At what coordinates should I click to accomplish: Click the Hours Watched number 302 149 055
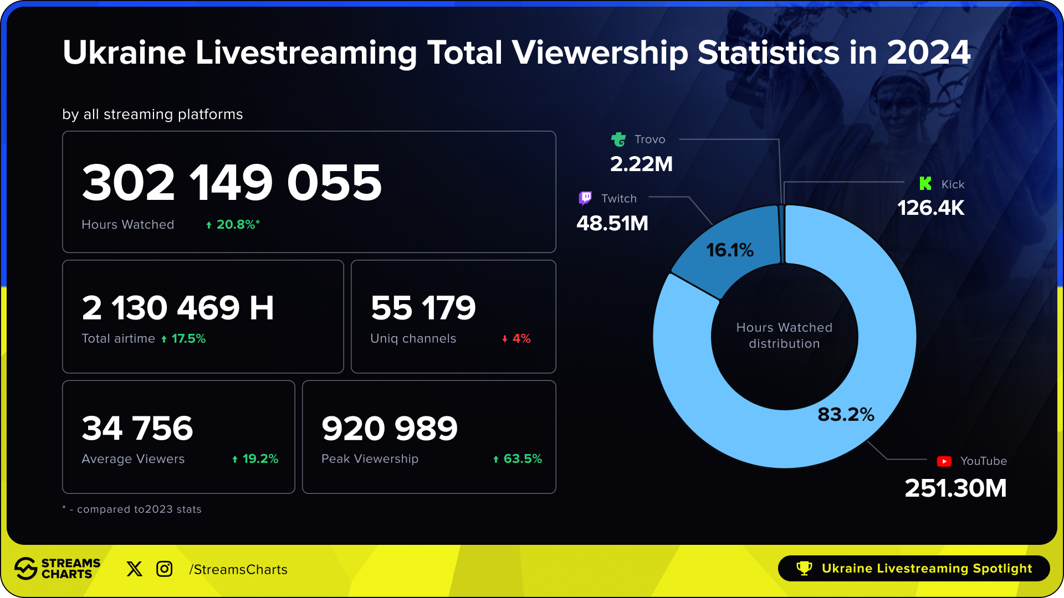point(232,183)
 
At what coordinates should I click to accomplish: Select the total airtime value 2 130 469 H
point(178,308)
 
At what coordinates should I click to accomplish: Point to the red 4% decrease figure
point(520,339)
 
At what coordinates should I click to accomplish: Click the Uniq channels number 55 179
point(423,308)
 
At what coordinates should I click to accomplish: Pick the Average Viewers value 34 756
point(137,428)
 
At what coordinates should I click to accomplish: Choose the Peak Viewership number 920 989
point(390,428)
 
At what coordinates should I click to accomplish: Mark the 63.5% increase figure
point(521,459)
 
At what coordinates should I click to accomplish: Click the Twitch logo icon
point(585,198)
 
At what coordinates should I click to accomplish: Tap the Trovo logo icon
point(618,139)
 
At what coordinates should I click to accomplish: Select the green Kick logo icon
point(925,183)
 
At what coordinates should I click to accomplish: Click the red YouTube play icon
point(944,461)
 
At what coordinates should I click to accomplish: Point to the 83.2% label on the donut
point(846,415)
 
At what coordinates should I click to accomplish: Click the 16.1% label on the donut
point(730,250)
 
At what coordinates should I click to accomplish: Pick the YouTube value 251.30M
point(955,488)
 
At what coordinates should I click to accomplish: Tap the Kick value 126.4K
point(931,208)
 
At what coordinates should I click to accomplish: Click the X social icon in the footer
point(134,569)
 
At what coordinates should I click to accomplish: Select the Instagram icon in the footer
point(165,569)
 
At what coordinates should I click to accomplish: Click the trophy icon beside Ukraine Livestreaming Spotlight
point(804,569)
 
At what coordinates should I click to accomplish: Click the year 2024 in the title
point(929,53)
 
